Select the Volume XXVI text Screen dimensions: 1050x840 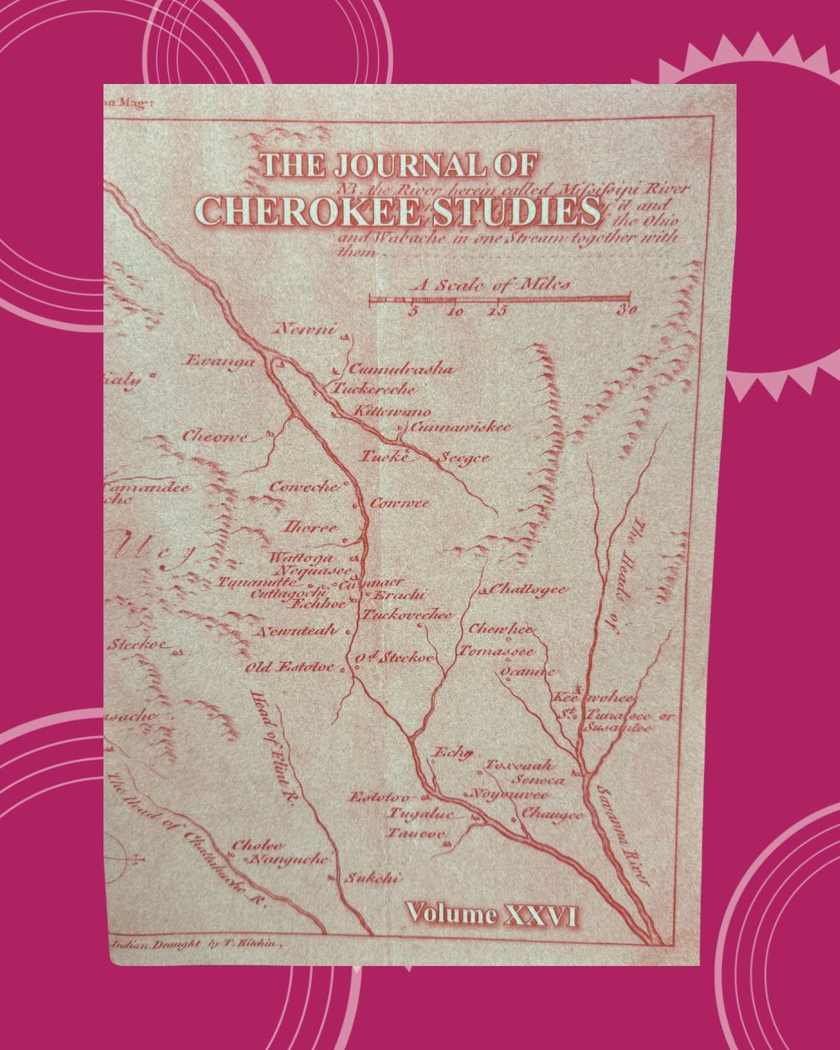(x=492, y=915)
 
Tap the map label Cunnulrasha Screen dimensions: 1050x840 (x=400, y=369)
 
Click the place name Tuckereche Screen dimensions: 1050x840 (x=375, y=390)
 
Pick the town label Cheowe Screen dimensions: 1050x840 (x=215, y=436)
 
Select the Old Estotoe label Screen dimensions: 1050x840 (x=289, y=667)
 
